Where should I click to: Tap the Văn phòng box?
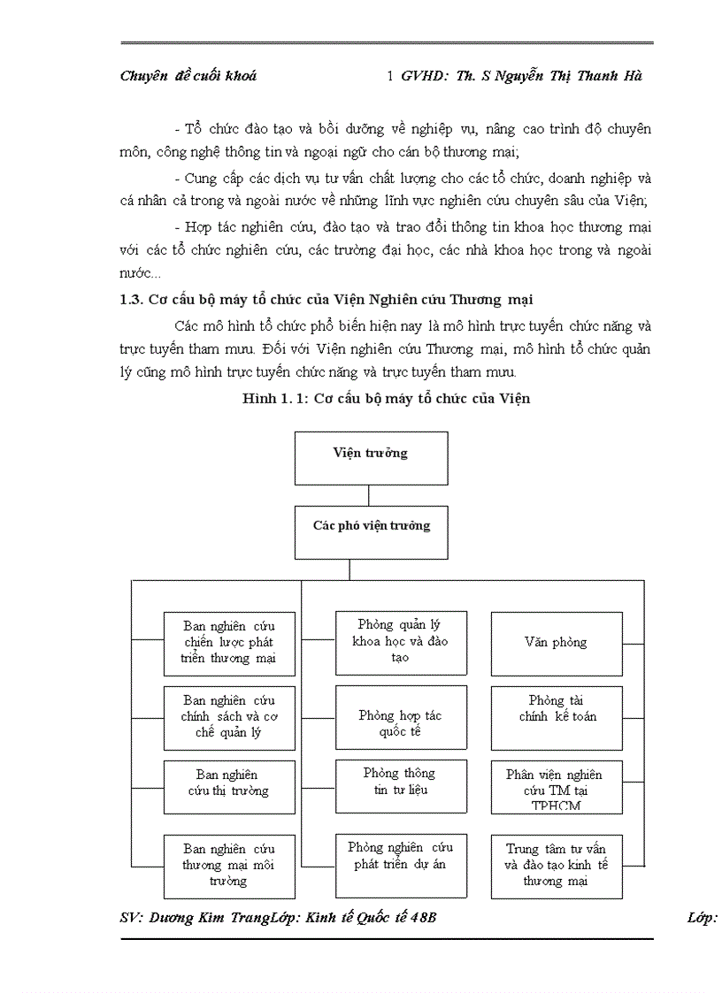click(556, 643)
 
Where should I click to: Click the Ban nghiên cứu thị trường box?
click(228, 783)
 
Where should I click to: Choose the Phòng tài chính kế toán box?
click(557, 709)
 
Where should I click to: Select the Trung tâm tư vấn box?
click(556, 866)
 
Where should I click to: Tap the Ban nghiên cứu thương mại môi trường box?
click(228, 866)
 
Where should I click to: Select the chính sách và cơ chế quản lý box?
click(229, 716)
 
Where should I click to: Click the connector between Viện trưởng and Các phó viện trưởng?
click(369, 495)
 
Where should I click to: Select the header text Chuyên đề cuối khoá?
click(188, 76)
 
